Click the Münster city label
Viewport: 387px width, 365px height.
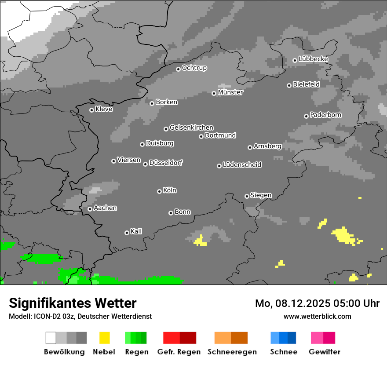230,92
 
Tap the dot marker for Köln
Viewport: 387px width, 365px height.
159,191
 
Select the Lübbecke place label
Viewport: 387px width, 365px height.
313,59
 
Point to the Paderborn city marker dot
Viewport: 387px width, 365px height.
306,116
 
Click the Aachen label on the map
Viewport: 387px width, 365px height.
105,208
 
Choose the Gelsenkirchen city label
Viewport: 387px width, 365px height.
191,128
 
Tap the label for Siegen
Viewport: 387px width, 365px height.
261,195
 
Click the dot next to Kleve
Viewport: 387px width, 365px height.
91,110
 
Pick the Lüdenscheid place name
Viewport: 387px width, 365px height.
242,165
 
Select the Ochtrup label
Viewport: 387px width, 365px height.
194,68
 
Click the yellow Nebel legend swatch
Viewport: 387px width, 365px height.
105,338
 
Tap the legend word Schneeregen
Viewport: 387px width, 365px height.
232,352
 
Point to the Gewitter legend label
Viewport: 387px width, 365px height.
324,352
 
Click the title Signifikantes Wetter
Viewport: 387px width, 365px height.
73,303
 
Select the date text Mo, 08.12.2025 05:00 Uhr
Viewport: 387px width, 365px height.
317,303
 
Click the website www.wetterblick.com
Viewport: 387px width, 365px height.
317,316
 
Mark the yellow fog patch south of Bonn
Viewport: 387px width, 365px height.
200,241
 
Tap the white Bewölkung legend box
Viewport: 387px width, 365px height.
51,338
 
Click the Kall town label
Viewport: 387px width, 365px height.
136,231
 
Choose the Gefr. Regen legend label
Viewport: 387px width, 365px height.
179,352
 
